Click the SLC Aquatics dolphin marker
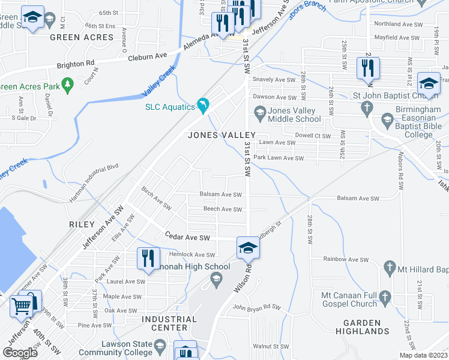(x=203, y=106)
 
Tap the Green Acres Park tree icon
(x=68, y=86)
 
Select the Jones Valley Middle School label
(x=295, y=115)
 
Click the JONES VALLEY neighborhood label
(x=221, y=135)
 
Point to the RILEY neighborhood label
(x=82, y=224)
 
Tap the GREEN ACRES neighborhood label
(x=82, y=37)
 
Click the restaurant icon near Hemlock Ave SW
(x=146, y=258)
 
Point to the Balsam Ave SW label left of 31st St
(x=221, y=194)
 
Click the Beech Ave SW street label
(x=222, y=209)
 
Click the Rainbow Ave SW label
(x=345, y=260)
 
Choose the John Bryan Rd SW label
(x=256, y=308)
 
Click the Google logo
(x=20, y=353)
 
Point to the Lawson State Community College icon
(x=160, y=346)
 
